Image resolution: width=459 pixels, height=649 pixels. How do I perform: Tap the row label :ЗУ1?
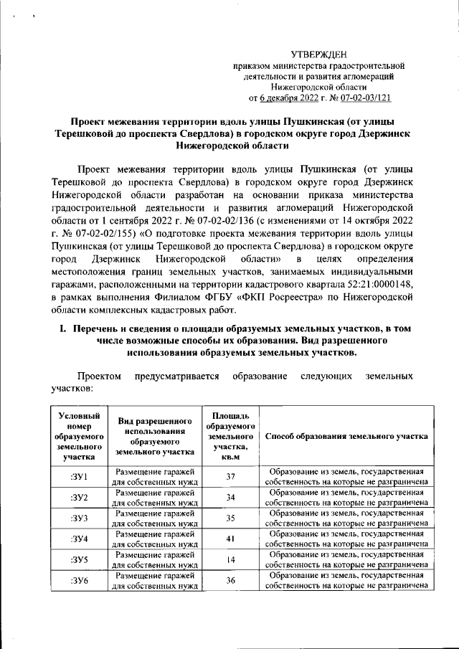tap(79, 477)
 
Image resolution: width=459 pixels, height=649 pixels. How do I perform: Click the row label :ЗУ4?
tap(79, 539)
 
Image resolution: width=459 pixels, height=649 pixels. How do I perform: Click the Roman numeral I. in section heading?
tap(63, 328)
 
